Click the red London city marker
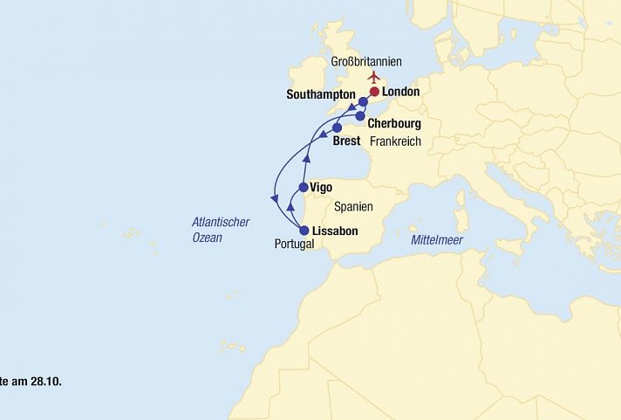[x=375, y=92]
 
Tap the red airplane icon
[x=374, y=76]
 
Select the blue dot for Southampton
[x=363, y=102]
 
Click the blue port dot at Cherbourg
[x=359, y=115]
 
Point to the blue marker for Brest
[x=337, y=127]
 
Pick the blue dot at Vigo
[x=304, y=187]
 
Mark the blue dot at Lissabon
[x=304, y=231]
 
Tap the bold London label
[x=401, y=92]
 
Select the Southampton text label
[x=321, y=94]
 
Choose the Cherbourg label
[x=394, y=124]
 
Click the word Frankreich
[x=395, y=141]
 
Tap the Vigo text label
[x=322, y=187]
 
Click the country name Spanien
[x=353, y=207]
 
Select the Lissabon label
[x=334, y=231]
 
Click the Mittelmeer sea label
[x=436, y=239]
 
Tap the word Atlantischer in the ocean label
[x=221, y=222]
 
